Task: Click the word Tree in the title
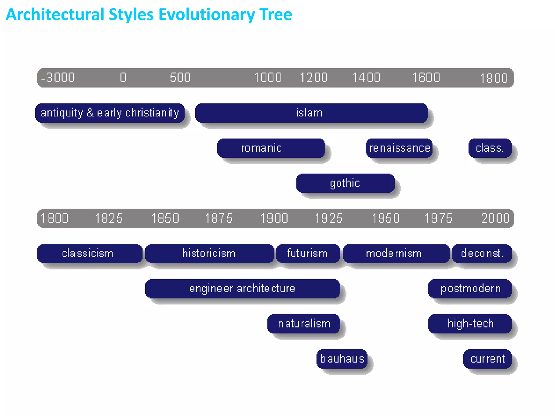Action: pos(275,15)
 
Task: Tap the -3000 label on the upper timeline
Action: pos(58,78)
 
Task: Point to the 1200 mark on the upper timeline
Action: pos(314,78)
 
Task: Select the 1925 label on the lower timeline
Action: pos(328,218)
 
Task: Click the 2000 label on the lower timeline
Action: pos(495,218)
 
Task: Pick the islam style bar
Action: pos(311,113)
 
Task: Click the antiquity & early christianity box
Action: pos(110,113)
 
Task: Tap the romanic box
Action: pos(271,148)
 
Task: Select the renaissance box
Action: pos(399,148)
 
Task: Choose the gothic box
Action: pos(345,183)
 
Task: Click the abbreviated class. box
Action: pos(490,148)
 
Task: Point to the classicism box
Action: pos(89,253)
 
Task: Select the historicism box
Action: pos(209,253)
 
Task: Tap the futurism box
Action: pos(308,253)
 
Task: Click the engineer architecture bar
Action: pos(242,289)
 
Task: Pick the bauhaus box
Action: pos(342,359)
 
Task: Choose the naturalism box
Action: pos(304,324)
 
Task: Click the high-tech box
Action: pos(470,324)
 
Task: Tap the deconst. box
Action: pos(482,253)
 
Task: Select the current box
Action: pos(487,359)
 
